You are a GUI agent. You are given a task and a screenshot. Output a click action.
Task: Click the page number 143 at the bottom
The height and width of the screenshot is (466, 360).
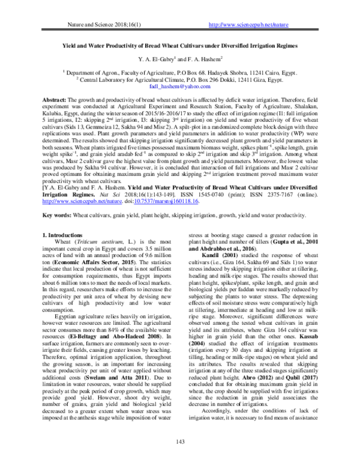(x=179, y=443)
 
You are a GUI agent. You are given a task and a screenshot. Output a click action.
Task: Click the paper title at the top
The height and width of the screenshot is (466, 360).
(x=179, y=45)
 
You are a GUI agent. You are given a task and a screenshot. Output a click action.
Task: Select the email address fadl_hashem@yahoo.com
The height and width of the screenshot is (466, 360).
(x=180, y=86)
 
